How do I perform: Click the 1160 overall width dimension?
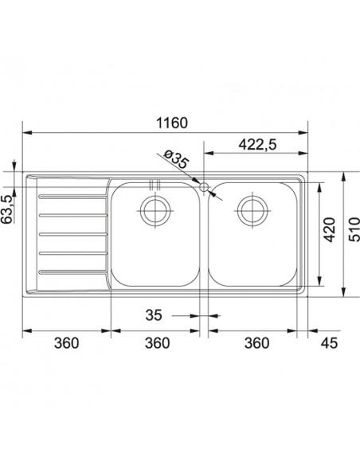click(x=172, y=123)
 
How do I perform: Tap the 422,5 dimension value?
click(x=257, y=144)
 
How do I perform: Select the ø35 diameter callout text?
click(x=177, y=160)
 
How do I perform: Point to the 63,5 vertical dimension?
click(x=7, y=209)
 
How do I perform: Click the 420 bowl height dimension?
click(x=329, y=229)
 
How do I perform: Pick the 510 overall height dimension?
click(x=354, y=229)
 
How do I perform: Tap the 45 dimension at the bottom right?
click(x=329, y=343)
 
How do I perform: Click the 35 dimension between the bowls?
click(x=154, y=315)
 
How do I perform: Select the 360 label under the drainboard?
click(x=66, y=343)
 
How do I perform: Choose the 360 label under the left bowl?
click(x=157, y=343)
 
